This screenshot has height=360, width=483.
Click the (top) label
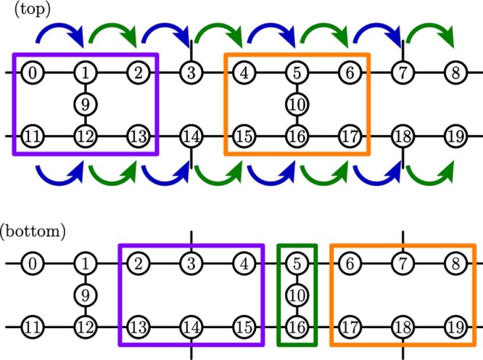coord(25,9)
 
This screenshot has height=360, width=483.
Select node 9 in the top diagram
coord(85,104)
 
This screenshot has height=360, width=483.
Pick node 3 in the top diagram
coord(191,73)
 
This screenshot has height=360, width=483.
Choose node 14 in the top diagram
coord(191,136)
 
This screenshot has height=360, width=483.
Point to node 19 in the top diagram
coord(456,136)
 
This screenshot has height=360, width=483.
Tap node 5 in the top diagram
coord(297,73)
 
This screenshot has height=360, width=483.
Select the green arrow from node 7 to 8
coord(429,32)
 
